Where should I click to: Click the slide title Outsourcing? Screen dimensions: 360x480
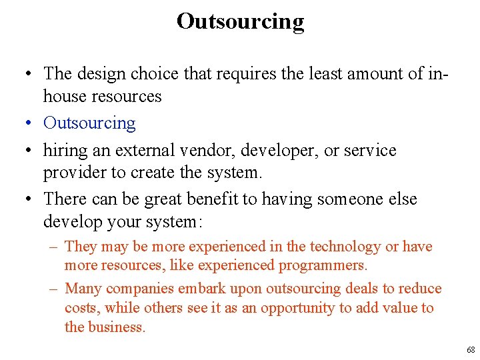pyautogui.click(x=240, y=21)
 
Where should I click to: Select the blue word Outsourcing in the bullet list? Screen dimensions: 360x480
pyautogui.click(x=89, y=123)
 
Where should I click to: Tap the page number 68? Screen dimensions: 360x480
pyautogui.click(x=471, y=350)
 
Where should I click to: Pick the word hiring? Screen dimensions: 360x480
pyautogui.click(x=65, y=151)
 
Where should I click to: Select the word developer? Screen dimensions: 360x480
pyautogui.click(x=262, y=151)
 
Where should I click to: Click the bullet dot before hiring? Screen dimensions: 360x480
pyautogui.click(x=30, y=151)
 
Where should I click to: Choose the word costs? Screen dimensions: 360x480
pyautogui.click(x=81, y=308)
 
